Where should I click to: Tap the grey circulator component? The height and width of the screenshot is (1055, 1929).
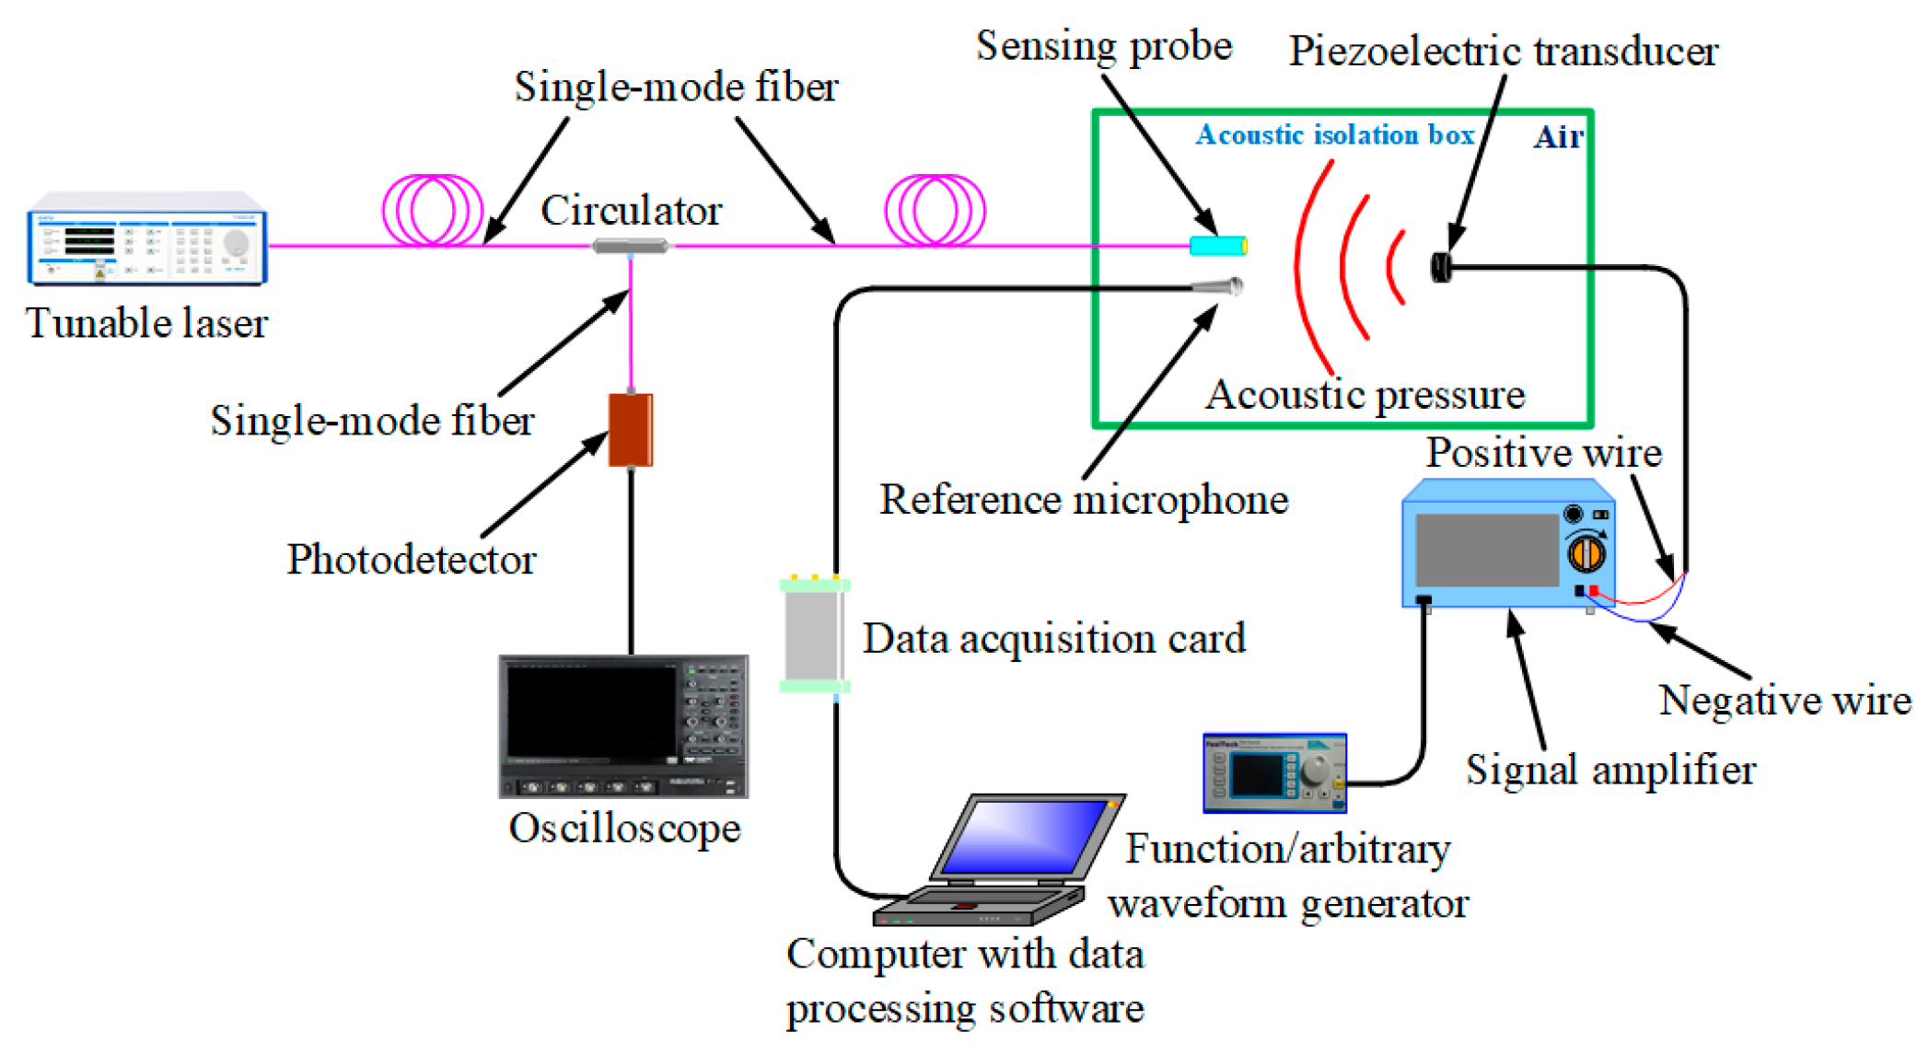click(630, 246)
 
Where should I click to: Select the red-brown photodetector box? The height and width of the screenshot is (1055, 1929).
click(631, 430)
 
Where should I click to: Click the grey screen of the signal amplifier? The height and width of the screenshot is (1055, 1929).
click(1486, 550)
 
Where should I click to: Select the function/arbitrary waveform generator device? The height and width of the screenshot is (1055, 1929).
click(1274, 772)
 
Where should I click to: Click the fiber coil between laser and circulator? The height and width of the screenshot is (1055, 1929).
click(433, 210)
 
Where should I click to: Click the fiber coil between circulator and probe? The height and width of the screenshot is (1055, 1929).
click(935, 210)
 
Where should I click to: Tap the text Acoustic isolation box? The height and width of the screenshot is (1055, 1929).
click(1334, 135)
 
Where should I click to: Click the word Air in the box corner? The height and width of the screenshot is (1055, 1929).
click(1558, 138)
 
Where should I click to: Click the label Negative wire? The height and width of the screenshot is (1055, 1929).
click(1784, 701)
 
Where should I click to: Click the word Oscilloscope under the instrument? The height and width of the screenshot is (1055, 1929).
click(624, 829)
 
